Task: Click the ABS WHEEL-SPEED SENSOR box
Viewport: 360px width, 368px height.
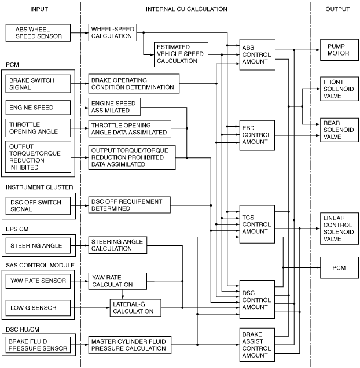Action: click(x=38, y=33)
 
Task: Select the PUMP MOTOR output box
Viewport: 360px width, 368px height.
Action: click(x=339, y=50)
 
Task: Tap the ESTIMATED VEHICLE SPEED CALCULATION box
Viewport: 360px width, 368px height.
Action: click(x=181, y=54)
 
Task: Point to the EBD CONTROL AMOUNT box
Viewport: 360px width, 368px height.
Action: click(x=257, y=135)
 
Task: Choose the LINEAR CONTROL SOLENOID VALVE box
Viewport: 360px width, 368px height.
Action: click(x=339, y=229)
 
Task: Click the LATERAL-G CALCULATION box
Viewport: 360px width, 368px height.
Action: click(x=135, y=308)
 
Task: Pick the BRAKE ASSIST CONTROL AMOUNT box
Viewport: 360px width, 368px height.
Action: click(x=257, y=345)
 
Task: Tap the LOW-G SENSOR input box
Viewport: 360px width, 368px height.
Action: click(x=38, y=308)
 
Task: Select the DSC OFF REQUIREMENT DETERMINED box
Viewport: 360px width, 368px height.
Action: click(x=130, y=205)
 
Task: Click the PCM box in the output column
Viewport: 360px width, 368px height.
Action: click(x=339, y=268)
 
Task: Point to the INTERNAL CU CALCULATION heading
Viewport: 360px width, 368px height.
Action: click(x=186, y=9)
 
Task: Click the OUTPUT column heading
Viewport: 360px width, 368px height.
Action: click(x=337, y=9)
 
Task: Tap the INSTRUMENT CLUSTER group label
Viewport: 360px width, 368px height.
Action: click(x=39, y=187)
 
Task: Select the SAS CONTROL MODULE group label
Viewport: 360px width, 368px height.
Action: click(x=40, y=265)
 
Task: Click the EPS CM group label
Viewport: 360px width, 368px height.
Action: click(x=17, y=229)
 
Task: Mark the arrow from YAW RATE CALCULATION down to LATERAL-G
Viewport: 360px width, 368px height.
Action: click(x=123, y=295)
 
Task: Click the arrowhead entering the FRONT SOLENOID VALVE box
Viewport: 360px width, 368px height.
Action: click(x=318, y=89)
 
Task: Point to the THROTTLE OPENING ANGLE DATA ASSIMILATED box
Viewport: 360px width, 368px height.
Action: click(x=130, y=128)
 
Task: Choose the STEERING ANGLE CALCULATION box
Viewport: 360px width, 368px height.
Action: click(x=117, y=245)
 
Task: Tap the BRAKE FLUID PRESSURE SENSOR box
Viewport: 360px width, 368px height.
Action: click(x=38, y=345)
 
